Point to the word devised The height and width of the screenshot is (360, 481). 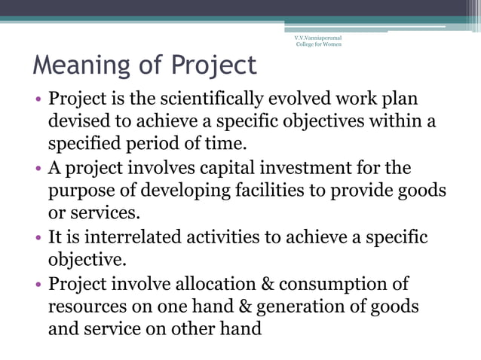(78, 121)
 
